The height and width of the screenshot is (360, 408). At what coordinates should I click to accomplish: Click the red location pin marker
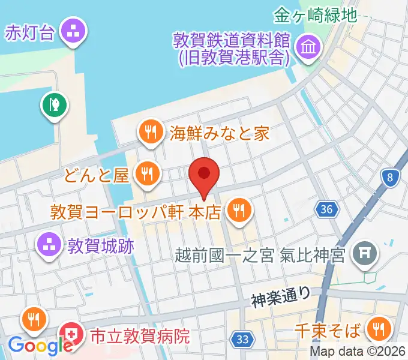pos(204,175)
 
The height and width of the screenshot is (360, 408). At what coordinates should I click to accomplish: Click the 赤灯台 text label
pos(29,32)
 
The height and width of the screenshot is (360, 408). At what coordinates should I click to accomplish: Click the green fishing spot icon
pos(54,106)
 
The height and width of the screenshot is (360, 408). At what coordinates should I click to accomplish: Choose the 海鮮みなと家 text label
pos(220,133)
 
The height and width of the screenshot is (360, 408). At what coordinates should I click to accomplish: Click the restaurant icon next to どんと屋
pos(146,174)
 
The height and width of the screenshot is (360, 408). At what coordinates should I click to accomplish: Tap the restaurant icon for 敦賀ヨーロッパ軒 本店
pos(239,210)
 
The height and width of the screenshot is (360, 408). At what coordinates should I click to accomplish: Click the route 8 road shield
pos(391,177)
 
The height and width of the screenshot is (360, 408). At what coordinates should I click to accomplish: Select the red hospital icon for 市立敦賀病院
pos(71,335)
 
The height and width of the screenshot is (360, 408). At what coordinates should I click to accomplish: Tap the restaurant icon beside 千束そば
pos(379,329)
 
